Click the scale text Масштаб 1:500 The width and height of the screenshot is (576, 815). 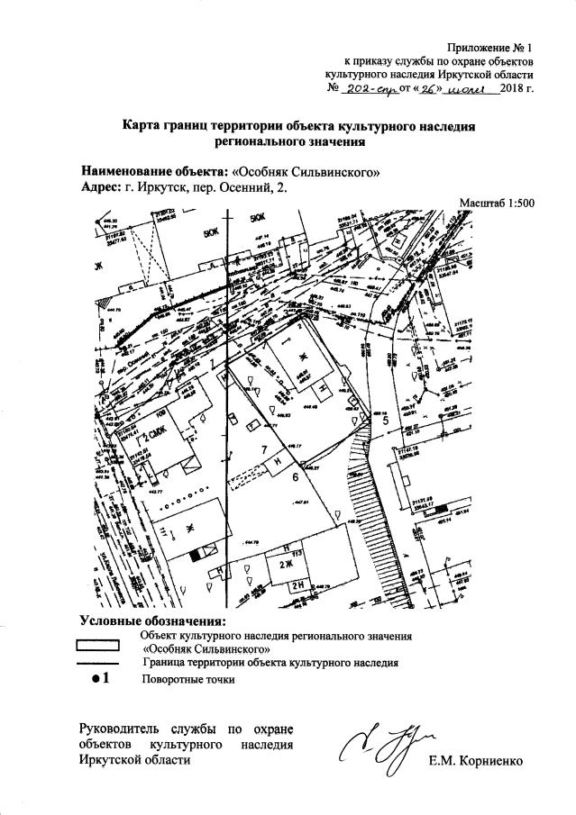(x=497, y=203)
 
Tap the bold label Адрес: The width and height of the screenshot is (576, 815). (x=101, y=187)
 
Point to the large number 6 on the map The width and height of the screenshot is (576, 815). (x=296, y=478)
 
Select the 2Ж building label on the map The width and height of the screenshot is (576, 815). (x=288, y=564)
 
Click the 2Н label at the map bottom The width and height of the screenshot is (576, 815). (x=295, y=583)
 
